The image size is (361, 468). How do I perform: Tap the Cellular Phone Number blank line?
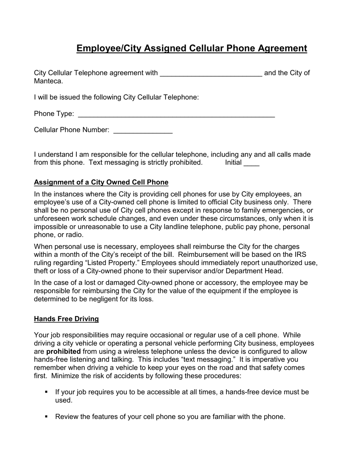pyautogui.click(x=143, y=132)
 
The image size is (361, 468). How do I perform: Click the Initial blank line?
pyautogui.click(x=251, y=164)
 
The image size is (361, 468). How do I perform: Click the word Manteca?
pyautogui.click(x=48, y=81)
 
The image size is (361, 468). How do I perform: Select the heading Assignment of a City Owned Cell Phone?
pyautogui.click(x=101, y=182)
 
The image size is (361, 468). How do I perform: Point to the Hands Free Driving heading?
pyautogui.click(x=66, y=319)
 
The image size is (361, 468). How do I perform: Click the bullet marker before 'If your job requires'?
pyautogui.click(x=47, y=392)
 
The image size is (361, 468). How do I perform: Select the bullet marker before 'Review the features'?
pyautogui.click(x=47, y=417)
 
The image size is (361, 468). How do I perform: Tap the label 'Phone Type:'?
pyautogui.click(x=54, y=114)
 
